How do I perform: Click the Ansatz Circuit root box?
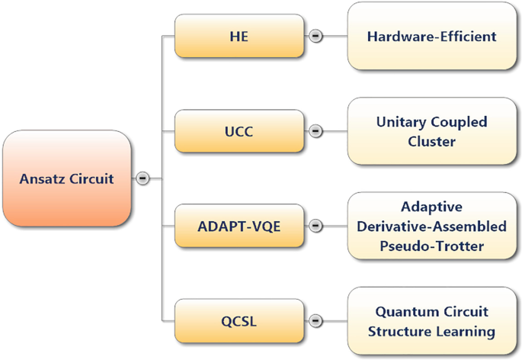[66, 178]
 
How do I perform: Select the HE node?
[239, 36]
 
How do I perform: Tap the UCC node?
[239, 131]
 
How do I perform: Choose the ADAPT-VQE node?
[239, 226]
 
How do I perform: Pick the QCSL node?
[239, 321]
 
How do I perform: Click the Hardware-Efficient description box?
[431, 36]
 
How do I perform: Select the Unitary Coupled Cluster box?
[431, 131]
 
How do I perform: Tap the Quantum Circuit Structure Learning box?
[431, 321]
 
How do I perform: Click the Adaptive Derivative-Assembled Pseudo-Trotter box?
[431, 226]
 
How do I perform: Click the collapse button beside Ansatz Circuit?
[143, 178]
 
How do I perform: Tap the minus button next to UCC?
[315, 131]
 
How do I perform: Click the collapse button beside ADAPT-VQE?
[315, 226]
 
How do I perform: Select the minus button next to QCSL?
[315, 321]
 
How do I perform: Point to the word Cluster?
[431, 141]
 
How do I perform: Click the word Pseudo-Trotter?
[431, 246]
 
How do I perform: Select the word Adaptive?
[431, 207]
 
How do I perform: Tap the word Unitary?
[402, 122]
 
